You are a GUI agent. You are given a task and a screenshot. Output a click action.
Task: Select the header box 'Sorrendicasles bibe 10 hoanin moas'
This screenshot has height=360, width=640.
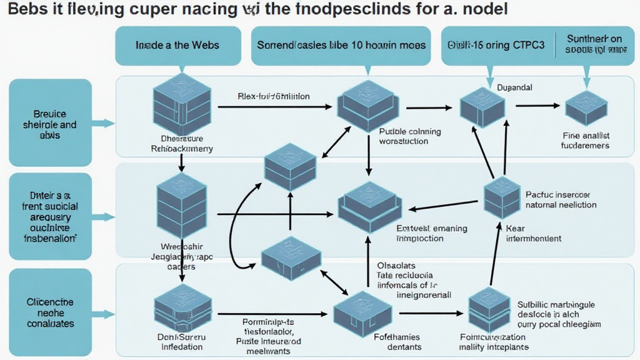(341, 45)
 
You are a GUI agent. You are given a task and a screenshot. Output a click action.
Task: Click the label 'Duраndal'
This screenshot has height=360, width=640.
(514, 88)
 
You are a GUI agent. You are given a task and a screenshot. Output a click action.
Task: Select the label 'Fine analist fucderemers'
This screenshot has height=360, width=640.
(586, 141)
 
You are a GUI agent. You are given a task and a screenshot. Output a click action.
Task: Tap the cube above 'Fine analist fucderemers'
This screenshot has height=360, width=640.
(586, 107)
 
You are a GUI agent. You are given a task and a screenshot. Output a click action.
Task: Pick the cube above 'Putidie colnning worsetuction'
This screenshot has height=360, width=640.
(367, 103)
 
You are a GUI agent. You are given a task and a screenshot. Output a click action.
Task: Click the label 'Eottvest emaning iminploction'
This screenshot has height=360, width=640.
(431, 233)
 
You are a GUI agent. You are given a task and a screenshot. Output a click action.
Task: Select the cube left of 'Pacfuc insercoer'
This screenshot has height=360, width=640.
(502, 197)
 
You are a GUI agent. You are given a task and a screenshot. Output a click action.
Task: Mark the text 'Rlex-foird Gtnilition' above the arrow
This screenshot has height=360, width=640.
(274, 97)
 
